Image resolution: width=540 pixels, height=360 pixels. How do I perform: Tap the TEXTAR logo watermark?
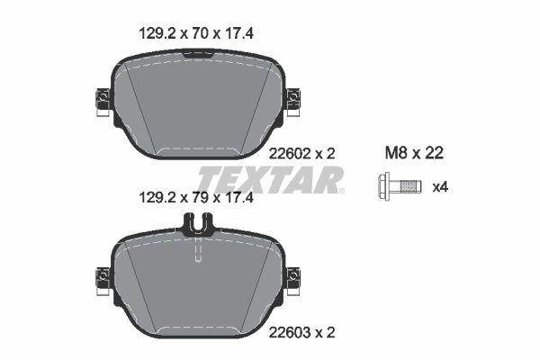(270, 180)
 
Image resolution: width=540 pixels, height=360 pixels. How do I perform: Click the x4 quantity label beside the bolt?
(440, 188)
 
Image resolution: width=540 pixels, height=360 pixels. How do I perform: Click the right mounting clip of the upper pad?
(292, 100)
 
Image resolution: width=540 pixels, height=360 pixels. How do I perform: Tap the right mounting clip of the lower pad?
(292, 279)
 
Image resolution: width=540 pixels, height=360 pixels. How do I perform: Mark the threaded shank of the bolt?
(407, 188)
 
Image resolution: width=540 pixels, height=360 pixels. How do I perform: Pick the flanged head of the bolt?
(382, 188)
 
